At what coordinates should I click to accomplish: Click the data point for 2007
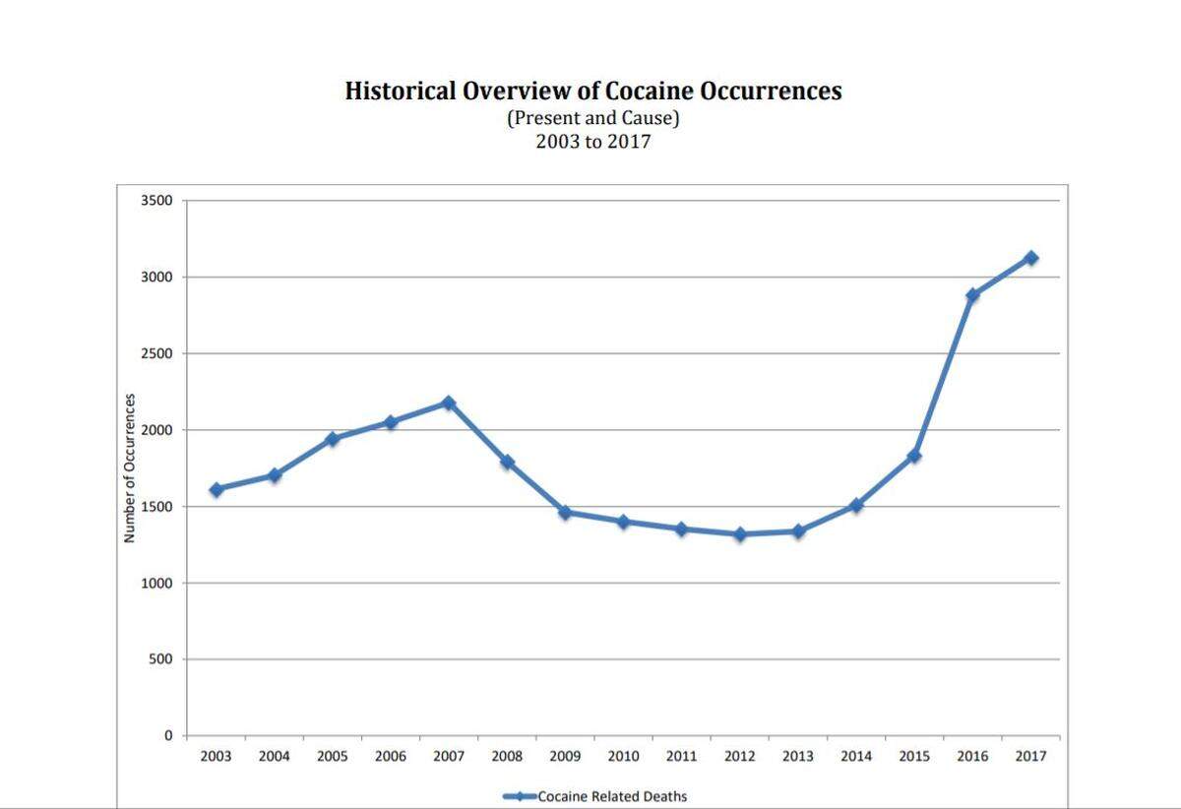[449, 403]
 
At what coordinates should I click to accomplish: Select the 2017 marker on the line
[1031, 258]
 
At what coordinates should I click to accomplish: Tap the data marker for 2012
[740, 534]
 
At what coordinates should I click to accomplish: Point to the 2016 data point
[972, 295]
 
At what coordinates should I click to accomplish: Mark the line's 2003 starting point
[217, 489]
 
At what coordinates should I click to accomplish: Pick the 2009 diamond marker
[565, 512]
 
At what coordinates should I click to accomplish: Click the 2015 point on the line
[914, 456]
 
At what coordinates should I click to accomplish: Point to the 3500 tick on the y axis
[156, 201]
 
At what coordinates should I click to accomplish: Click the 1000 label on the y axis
[156, 583]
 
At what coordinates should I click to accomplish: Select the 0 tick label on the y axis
[168, 735]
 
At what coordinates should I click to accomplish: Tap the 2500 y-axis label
[156, 353]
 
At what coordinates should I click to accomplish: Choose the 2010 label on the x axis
[623, 756]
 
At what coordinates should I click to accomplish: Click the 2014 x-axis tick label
[856, 756]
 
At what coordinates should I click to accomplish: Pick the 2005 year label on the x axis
[333, 756]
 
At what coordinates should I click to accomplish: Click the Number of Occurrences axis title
[129, 467]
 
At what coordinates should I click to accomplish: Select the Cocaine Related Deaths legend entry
[595, 796]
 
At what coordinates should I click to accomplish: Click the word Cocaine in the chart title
[649, 91]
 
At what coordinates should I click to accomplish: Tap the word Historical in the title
[401, 91]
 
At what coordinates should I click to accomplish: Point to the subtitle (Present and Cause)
[593, 118]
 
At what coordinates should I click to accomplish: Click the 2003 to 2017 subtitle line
[593, 142]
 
